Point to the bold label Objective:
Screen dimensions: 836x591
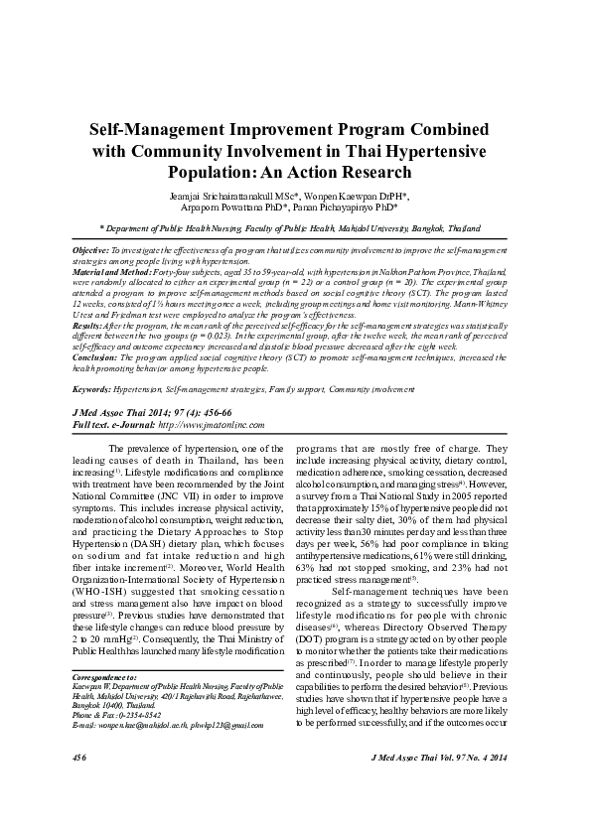tap(92, 253)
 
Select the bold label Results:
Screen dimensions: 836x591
tap(87, 325)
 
